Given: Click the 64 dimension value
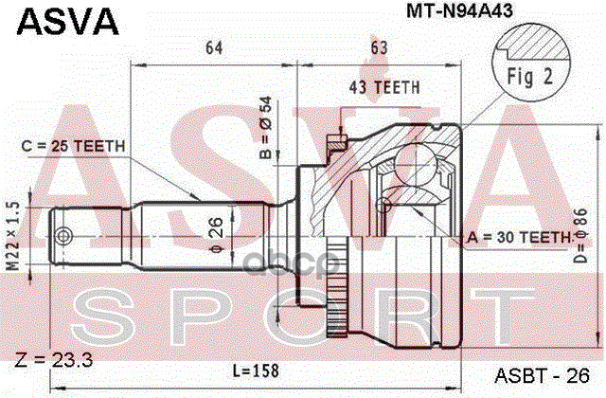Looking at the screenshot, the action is (x=215, y=47).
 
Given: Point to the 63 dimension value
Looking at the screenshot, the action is (x=379, y=47).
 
